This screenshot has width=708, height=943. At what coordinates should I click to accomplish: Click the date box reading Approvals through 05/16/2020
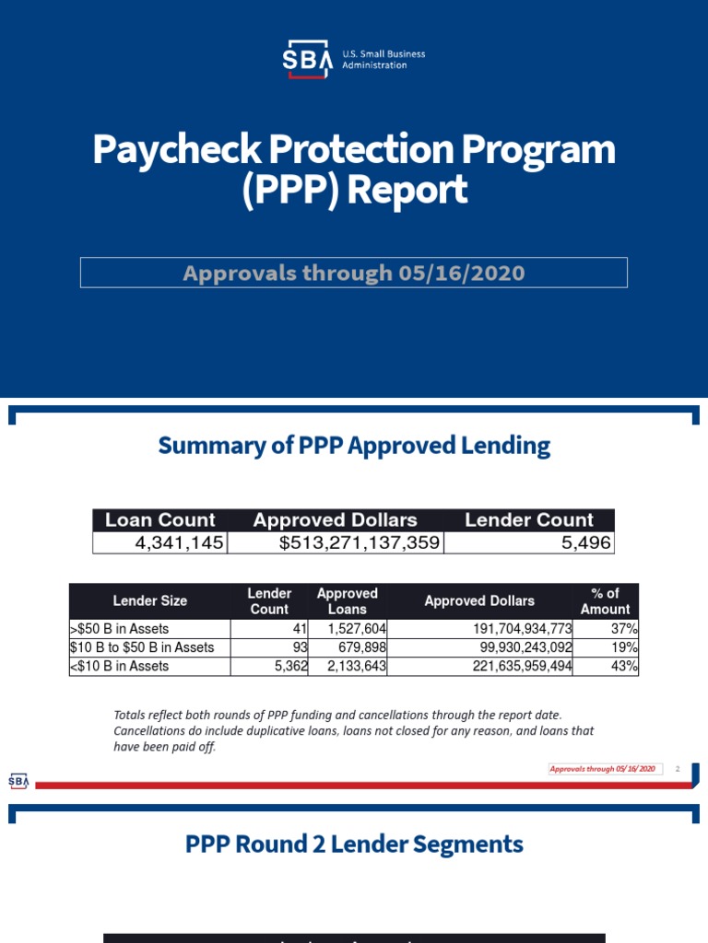(354, 273)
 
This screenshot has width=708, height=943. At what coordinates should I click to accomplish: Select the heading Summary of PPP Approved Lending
(354, 446)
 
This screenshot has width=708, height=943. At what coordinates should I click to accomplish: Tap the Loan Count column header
(160, 519)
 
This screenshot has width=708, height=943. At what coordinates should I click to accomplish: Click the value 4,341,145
(179, 543)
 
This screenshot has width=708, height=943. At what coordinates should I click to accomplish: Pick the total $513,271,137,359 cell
(360, 543)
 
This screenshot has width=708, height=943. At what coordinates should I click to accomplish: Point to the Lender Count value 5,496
(586, 543)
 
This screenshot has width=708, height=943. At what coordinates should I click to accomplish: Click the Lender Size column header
(149, 600)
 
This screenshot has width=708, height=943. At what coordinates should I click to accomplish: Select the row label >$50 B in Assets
(120, 629)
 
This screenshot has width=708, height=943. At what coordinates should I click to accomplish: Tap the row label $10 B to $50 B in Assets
(142, 647)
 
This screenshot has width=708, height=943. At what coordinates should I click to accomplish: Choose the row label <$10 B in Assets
(120, 666)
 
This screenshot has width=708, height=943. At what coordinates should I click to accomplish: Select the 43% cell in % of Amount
(624, 666)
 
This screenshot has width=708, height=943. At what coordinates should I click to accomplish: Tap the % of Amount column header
(605, 600)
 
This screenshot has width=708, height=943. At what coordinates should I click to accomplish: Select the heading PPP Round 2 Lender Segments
(354, 844)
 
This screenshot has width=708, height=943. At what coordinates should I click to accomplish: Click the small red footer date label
(603, 768)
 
